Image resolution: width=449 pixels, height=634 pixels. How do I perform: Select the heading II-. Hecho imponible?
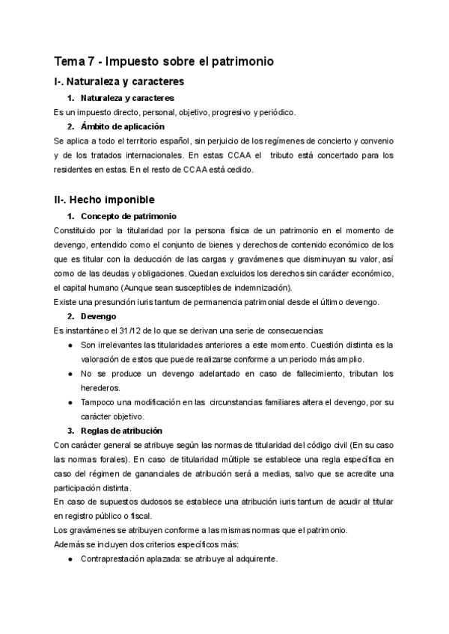point(105,200)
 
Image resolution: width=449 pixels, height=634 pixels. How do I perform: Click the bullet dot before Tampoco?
point(70,402)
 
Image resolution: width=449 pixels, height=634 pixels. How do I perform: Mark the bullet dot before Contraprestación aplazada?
point(70,558)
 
